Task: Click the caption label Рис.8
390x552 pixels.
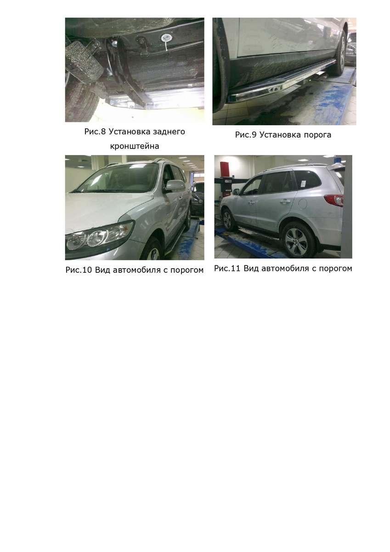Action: [x=95, y=132]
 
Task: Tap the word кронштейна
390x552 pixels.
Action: [x=134, y=146]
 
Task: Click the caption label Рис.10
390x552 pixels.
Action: [x=79, y=270]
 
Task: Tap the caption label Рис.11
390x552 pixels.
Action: [x=227, y=268]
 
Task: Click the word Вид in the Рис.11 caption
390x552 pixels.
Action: [x=251, y=268]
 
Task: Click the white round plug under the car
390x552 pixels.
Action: [x=167, y=38]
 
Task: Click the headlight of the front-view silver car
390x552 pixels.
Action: [x=100, y=236]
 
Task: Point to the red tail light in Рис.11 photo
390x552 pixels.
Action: [x=334, y=200]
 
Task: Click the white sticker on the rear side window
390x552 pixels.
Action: [x=303, y=184]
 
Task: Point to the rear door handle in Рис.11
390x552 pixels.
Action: [x=284, y=201]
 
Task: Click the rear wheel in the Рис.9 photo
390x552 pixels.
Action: [x=340, y=53]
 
